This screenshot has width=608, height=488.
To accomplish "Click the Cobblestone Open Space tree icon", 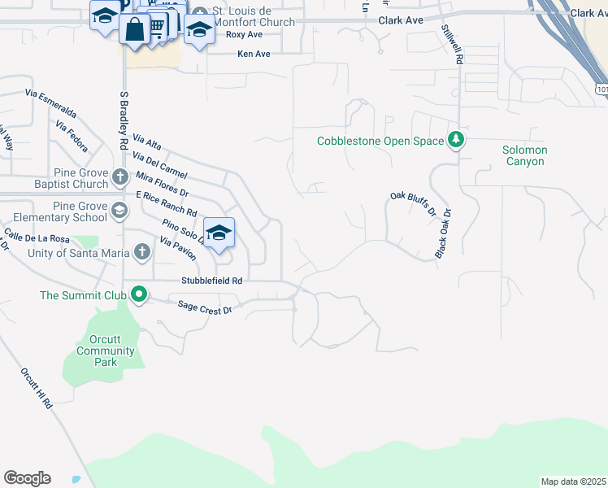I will click(x=456, y=141).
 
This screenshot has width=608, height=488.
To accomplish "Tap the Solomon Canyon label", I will click(x=524, y=155).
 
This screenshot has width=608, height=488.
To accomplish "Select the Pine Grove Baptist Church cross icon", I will click(x=120, y=176).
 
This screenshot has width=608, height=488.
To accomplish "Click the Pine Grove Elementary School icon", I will click(x=119, y=211).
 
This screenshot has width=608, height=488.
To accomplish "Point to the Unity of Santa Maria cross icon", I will click(x=142, y=252).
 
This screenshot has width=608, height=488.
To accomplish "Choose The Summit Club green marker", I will click(x=139, y=294).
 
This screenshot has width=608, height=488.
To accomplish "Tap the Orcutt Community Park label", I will click(x=106, y=351).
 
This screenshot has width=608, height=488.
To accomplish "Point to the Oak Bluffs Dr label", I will click(x=413, y=204).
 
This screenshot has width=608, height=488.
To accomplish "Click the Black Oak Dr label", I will click(x=442, y=233).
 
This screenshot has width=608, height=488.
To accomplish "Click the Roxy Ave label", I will click(x=245, y=35).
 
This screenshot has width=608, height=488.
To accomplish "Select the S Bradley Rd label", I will click(x=124, y=119).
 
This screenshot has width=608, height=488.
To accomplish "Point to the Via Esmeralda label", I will click(x=51, y=103).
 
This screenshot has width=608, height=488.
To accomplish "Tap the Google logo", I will click(x=27, y=478).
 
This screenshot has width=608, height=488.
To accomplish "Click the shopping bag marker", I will click(x=133, y=31).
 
